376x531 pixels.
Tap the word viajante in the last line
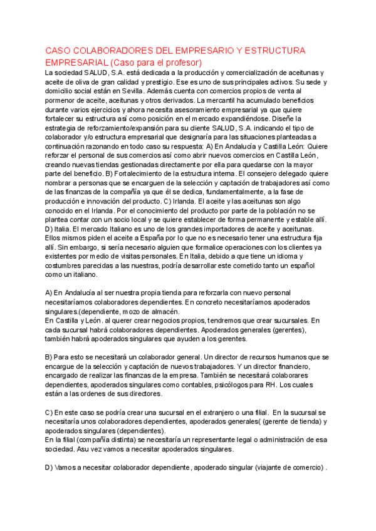(264, 467)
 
